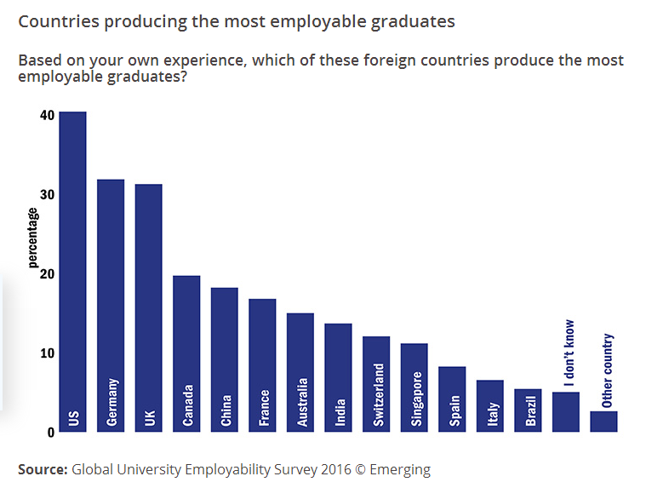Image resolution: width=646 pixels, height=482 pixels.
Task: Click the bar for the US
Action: [72, 272]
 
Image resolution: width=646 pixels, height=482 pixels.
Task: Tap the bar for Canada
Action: [186, 353]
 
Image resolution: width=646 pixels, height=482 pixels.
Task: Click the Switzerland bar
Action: [375, 383]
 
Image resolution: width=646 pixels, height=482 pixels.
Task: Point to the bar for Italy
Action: [489, 405]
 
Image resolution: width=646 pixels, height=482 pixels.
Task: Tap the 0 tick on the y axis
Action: [50, 433]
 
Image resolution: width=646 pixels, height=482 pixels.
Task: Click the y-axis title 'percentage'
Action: [33, 238]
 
